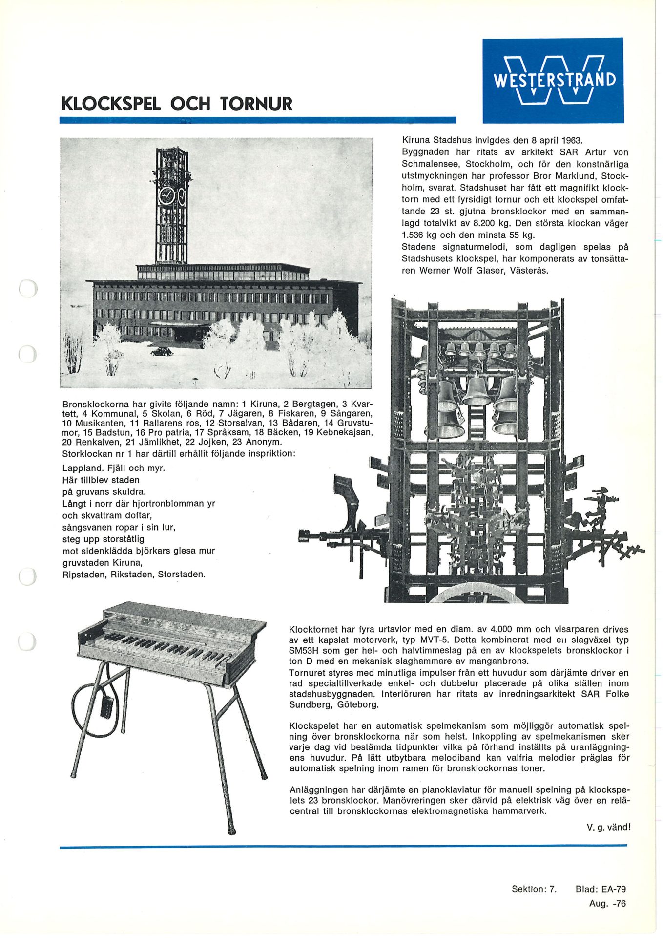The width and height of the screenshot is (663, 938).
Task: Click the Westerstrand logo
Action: click(x=553, y=80)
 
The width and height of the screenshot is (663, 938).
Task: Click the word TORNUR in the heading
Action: click(x=256, y=104)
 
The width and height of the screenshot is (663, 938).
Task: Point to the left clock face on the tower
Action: click(x=166, y=195)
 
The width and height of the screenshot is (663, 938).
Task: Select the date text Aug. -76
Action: click(x=607, y=903)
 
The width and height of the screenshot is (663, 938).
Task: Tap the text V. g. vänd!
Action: click(x=608, y=827)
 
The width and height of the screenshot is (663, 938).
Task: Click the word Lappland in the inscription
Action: click(x=83, y=468)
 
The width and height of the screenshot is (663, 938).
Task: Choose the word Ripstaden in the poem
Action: click(x=84, y=575)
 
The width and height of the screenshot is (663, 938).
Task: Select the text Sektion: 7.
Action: click(x=534, y=889)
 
